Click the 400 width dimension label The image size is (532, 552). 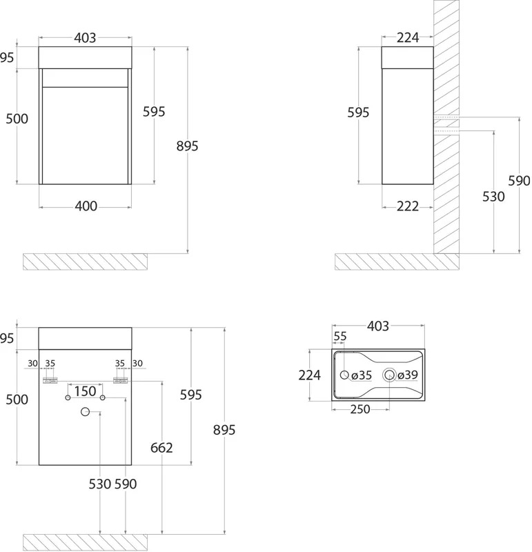[x=86, y=206]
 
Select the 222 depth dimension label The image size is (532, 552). [x=408, y=206]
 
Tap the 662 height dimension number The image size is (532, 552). [x=161, y=447]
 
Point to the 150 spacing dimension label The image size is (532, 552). [x=85, y=391]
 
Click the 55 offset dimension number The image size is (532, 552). [x=340, y=336]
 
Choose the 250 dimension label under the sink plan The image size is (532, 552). [x=360, y=409]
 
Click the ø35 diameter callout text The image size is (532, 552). [x=362, y=375]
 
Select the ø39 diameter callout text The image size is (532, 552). [x=408, y=375]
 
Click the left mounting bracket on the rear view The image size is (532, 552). [x=50, y=380]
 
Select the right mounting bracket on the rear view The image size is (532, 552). [x=121, y=380]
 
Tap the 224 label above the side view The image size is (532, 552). [x=408, y=37]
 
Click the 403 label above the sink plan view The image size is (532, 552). [x=378, y=326]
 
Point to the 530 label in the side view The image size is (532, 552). [x=493, y=197]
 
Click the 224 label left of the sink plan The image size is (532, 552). [x=310, y=375]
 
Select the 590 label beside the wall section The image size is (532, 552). [x=520, y=181]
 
